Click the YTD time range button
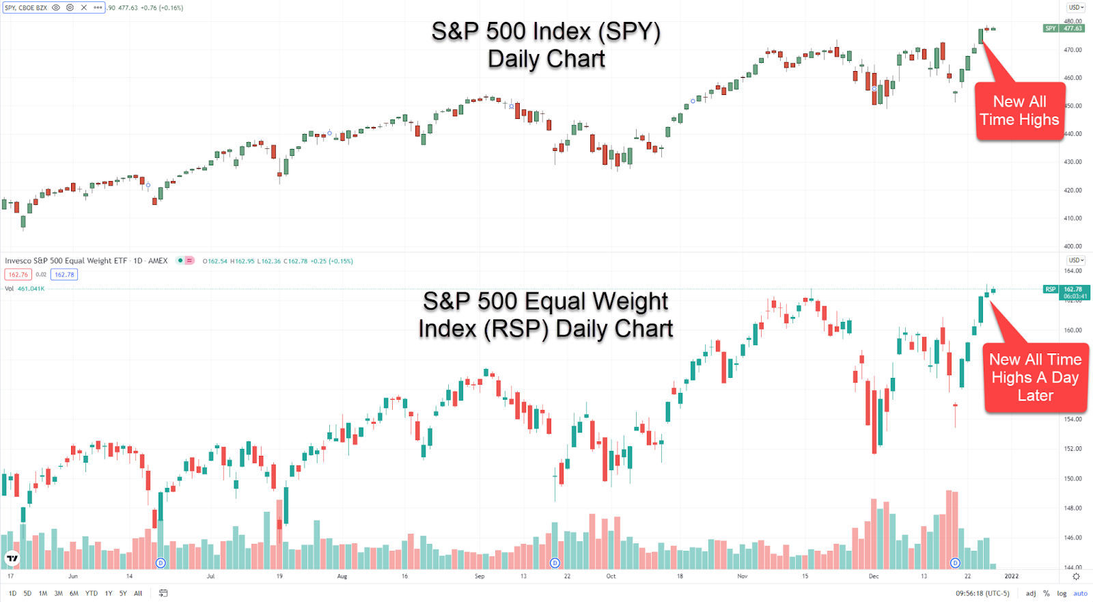92,593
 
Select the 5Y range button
123,593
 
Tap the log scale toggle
1062,593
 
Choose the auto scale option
1080,593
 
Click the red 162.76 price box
18,275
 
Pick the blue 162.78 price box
64,275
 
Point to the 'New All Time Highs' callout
1019,111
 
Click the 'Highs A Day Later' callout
1035,377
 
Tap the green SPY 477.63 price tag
1064,29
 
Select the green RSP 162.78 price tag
1066,292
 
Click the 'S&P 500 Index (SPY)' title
546,31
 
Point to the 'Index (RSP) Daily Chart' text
546,329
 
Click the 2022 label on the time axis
1011,576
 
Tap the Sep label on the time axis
480,576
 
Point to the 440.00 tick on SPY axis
1073,134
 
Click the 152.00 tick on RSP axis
1073,449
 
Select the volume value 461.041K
31,288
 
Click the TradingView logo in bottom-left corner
12,558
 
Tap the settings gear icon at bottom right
1076,576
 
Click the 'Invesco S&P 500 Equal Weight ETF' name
66,261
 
